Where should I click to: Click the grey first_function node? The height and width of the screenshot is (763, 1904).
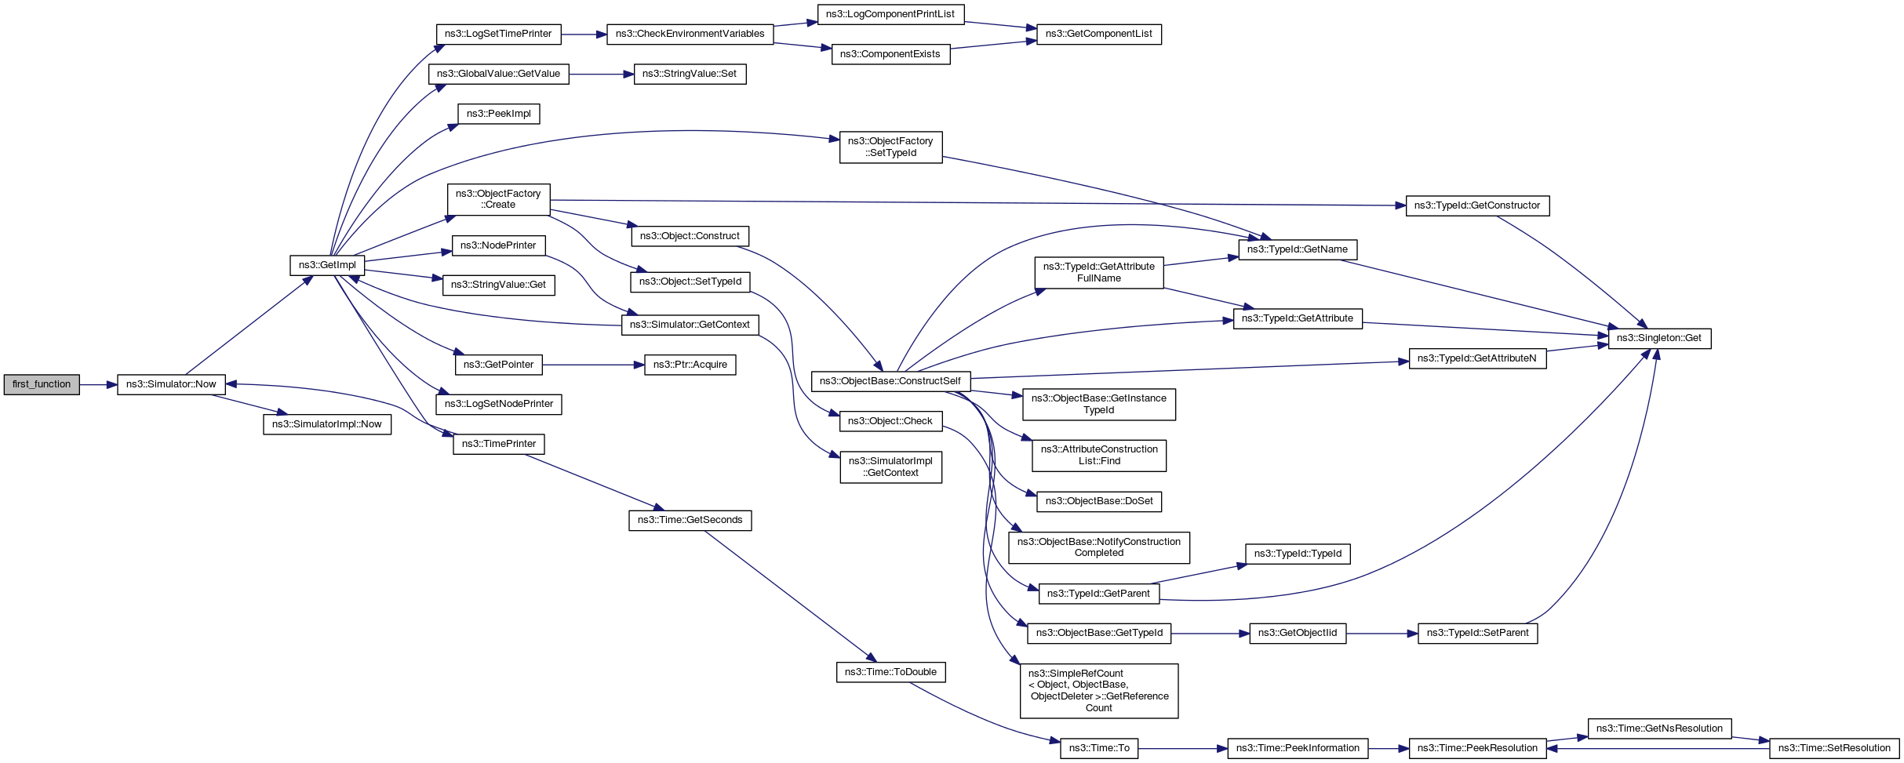42,384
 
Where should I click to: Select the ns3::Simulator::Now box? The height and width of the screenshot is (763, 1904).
171,384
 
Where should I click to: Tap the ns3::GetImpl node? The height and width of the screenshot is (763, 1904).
327,265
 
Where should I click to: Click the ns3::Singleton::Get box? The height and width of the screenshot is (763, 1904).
1659,338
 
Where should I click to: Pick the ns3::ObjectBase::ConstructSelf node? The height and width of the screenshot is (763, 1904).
890,381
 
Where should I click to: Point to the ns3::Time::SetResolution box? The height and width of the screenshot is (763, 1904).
1834,748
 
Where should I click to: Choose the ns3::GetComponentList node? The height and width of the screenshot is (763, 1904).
1098,34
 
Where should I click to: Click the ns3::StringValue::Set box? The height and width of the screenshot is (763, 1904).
690,74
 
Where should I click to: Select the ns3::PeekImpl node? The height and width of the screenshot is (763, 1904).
498,114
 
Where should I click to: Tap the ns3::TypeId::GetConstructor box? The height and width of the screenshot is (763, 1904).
1477,205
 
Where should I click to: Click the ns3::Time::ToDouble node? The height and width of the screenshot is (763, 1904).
890,672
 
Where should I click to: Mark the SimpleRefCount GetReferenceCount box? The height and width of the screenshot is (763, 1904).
1098,690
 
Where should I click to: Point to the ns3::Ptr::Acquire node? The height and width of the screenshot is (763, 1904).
690,365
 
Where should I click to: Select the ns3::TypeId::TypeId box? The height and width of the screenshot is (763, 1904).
1298,554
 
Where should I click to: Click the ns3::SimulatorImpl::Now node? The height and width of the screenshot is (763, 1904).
326,424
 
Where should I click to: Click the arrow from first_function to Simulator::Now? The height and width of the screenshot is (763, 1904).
98,384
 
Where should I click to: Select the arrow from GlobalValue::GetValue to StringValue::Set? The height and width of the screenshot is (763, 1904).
601,74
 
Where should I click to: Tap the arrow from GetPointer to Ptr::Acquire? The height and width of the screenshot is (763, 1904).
593,365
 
